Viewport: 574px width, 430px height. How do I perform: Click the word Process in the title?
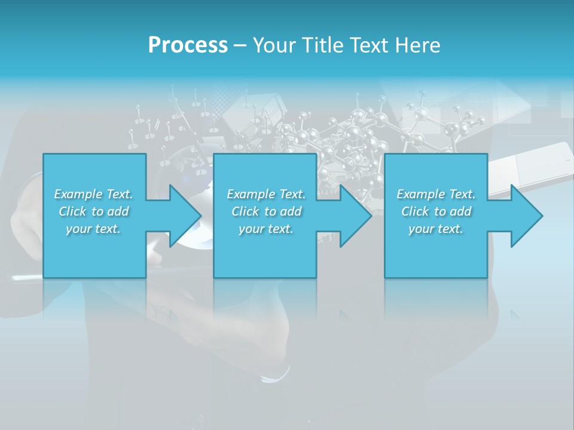click(188, 45)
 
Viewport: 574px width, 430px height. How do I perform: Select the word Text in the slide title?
click(369, 45)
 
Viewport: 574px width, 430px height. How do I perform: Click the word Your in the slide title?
click(274, 45)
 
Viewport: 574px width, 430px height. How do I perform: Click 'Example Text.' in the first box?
click(93, 194)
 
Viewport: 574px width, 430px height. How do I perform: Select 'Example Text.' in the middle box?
click(265, 194)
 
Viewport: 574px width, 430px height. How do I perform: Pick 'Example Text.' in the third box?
click(436, 194)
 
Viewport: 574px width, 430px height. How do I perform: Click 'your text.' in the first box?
click(93, 229)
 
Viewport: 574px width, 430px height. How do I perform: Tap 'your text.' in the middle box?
click(265, 229)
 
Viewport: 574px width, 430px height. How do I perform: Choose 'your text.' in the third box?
click(436, 229)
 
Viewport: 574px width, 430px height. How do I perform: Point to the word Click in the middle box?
click(245, 211)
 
